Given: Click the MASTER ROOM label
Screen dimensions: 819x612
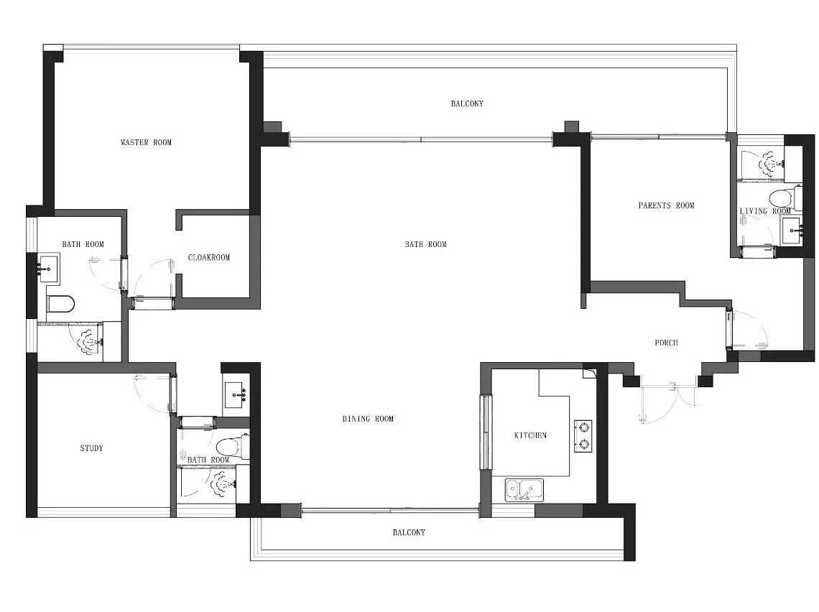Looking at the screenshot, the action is point(147,142).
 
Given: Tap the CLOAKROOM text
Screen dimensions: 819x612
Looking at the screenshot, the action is point(209,257).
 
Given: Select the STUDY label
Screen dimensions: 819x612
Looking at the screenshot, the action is point(91,448).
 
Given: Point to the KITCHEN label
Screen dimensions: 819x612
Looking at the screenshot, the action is point(530,435).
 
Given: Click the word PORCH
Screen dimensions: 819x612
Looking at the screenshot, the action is point(667,343).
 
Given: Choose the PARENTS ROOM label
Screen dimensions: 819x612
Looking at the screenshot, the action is point(667,205).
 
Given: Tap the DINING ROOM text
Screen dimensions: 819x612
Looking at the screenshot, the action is point(369,418).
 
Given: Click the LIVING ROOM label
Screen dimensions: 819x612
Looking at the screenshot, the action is point(765,211).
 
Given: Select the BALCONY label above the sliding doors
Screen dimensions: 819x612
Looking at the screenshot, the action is point(468,103).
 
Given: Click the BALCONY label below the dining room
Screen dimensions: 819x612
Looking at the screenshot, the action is point(409,532).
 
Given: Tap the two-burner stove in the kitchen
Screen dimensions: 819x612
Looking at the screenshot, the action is point(583,436).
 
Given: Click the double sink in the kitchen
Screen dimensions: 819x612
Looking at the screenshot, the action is point(524,491).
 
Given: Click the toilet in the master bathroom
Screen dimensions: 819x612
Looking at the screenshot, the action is point(60,304).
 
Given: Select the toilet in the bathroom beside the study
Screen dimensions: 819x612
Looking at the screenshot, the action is point(233,447).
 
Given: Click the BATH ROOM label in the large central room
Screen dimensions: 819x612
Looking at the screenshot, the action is point(426,244).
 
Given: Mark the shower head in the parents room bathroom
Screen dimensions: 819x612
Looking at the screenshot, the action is point(771,164).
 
